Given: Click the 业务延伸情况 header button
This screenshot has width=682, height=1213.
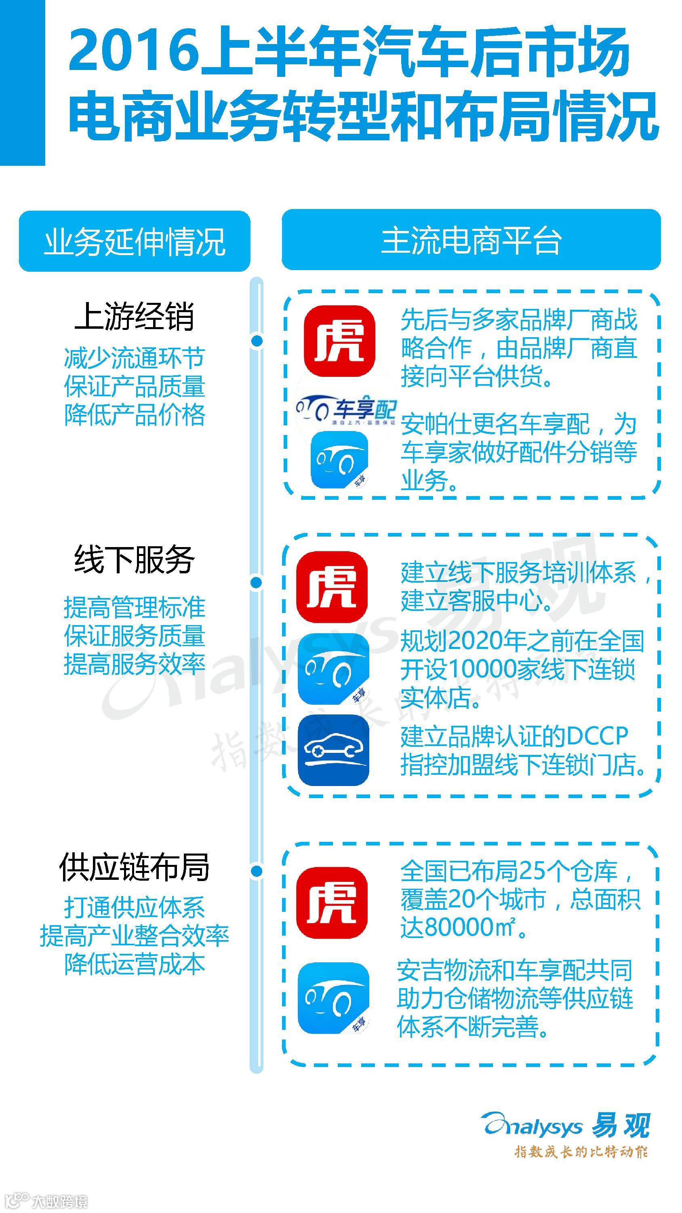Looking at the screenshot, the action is [135, 241].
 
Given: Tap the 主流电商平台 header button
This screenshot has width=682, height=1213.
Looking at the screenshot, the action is [471, 240].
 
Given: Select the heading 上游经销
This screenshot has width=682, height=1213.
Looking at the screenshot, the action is [135, 317].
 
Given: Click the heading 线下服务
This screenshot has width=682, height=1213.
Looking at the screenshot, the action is [135, 560].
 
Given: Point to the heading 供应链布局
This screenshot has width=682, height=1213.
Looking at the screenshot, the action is [135, 867].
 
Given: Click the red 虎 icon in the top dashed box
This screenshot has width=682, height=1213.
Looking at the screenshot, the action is [339, 340].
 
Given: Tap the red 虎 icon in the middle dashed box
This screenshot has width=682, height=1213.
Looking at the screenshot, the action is [332, 587].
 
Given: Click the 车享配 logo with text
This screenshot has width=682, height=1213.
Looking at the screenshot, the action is [346, 408].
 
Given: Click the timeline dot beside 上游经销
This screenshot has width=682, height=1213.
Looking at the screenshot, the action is [257, 340].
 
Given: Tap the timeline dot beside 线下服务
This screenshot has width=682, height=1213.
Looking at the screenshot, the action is [257, 583].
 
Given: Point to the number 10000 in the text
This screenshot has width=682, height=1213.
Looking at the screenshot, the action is [482, 669].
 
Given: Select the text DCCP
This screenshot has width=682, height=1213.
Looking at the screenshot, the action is [597, 736].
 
